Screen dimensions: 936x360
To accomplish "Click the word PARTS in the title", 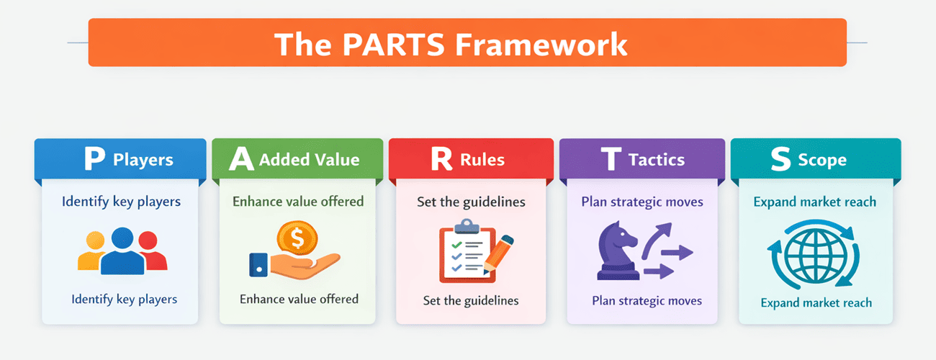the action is (x=394, y=44).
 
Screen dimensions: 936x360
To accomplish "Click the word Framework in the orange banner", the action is (x=541, y=44).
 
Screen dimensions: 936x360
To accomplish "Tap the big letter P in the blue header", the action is (x=95, y=158).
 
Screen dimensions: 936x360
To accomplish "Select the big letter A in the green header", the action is (x=241, y=158).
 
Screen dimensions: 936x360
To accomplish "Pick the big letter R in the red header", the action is (x=441, y=158).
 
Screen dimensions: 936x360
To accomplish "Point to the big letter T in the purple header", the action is (x=611, y=158).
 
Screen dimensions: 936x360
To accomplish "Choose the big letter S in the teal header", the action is (x=780, y=159).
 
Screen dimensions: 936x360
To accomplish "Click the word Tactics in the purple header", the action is (x=657, y=160).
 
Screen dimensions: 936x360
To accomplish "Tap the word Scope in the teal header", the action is (x=822, y=161).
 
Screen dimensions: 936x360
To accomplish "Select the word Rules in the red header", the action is (x=482, y=160).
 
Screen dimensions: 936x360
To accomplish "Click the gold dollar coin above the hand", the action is (x=297, y=238).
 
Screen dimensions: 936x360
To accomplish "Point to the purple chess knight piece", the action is (x=618, y=251).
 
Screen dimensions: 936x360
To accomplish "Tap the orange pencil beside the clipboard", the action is (x=498, y=254).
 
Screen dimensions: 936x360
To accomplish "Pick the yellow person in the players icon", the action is (x=92, y=251).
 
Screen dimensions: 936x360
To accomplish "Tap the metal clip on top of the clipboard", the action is (x=467, y=226).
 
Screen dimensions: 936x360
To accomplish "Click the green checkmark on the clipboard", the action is (x=456, y=245).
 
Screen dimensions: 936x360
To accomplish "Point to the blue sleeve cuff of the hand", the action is (x=258, y=265).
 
